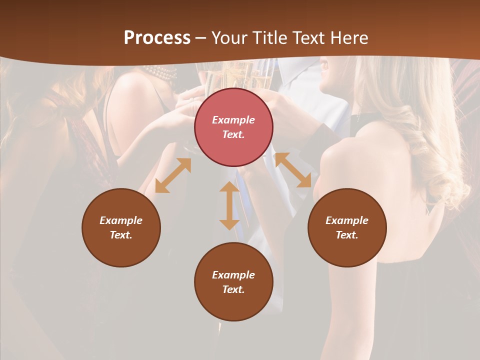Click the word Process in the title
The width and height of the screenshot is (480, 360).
[157, 38]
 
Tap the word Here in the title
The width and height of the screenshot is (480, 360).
[348, 38]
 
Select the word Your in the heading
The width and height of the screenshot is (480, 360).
[230, 38]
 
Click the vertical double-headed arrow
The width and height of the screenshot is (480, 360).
[229, 205]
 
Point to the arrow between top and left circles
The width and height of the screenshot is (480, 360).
[173, 175]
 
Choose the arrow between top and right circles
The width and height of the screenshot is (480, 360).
[293, 170]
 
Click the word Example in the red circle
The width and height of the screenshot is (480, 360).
[233, 120]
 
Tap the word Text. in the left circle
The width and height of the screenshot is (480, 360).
[121, 235]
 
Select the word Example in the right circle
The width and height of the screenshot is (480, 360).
[347, 220]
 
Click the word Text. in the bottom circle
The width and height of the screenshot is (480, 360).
[233, 289]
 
